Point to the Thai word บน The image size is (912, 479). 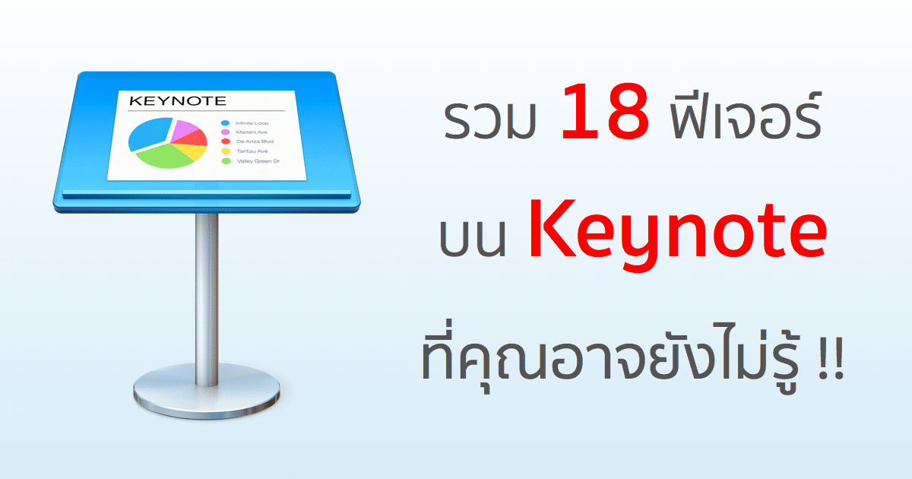473,237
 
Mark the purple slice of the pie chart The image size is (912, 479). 182,128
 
